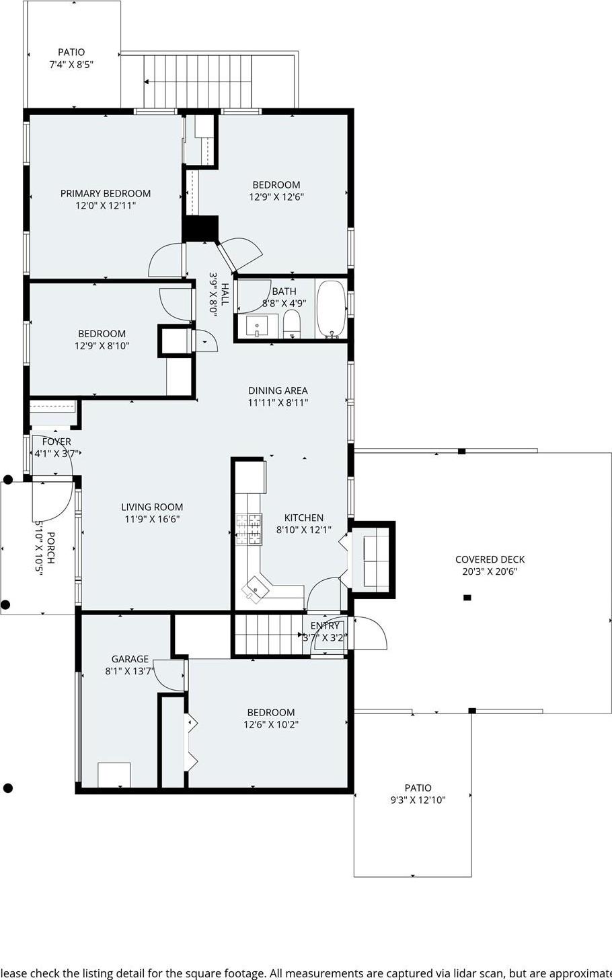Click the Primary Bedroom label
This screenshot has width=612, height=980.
click(106, 193)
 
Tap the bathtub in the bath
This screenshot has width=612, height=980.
click(331, 309)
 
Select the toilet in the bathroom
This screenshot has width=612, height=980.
click(291, 325)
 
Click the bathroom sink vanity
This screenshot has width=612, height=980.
click(257, 327)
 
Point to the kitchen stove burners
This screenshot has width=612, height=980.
click(249, 528)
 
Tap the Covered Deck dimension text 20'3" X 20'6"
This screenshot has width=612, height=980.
click(490, 571)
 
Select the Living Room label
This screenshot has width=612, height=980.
click(152, 507)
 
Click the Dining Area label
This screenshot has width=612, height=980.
click(278, 390)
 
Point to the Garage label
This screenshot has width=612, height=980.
click(130, 659)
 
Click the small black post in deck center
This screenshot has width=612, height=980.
click(467, 598)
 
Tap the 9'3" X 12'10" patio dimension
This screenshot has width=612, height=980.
click(418, 800)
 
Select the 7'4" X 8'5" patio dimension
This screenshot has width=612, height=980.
click(71, 65)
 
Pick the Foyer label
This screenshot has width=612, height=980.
click(56, 442)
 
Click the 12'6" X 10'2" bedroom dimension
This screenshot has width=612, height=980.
click(271, 724)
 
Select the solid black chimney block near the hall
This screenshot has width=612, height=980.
click(201, 228)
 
